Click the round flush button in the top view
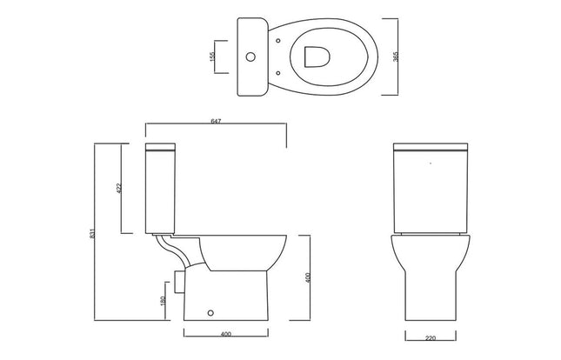pos(253,56)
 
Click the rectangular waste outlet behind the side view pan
pos(179,281)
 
